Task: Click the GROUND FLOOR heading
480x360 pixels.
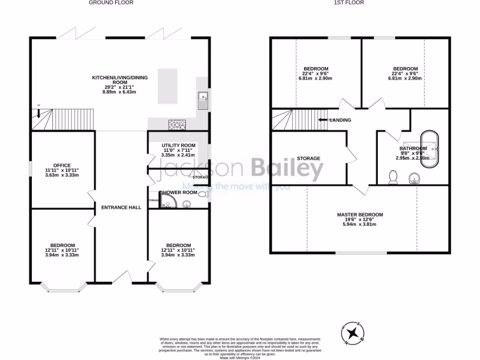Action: point(111,2)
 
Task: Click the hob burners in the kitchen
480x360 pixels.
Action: point(177,125)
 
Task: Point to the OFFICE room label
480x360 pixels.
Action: point(62,165)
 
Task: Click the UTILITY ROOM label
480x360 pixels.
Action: point(179,146)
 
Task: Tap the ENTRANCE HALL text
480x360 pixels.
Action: point(118,207)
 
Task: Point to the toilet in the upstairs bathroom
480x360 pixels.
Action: point(393,177)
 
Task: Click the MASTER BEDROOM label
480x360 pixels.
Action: point(360,215)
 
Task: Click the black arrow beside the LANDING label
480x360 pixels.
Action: point(323,120)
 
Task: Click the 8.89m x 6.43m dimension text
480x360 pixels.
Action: point(120,92)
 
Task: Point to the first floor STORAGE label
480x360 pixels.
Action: point(308,158)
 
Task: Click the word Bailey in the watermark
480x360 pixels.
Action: point(287,170)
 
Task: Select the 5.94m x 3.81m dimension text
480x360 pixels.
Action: point(360,224)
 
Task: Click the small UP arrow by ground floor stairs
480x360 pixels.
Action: point(38,112)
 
